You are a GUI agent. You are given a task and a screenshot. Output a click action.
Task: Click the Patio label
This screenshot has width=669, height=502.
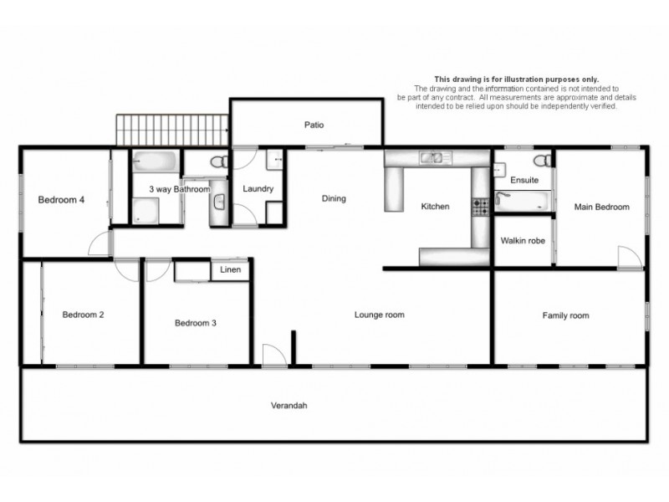click(314, 125)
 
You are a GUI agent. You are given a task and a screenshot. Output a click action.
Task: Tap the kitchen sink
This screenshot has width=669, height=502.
click(435, 156)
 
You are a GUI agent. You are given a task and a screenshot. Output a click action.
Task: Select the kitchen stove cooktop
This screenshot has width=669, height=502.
click(481, 207)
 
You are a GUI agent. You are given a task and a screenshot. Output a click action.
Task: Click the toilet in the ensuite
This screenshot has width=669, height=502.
click(542, 159)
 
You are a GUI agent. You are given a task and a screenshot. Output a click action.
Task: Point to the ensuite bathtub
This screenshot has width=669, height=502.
click(522, 200)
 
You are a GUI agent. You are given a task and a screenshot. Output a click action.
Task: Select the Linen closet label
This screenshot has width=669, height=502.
click(230, 270)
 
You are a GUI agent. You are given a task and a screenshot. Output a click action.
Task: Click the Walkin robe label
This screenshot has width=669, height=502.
click(523, 241)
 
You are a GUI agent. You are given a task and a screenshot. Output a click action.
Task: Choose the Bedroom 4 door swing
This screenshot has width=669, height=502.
click(100, 243)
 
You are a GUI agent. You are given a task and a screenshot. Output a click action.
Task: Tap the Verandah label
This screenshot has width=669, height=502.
click(289, 406)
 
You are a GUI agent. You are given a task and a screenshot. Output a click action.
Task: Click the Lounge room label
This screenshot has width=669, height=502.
click(379, 315)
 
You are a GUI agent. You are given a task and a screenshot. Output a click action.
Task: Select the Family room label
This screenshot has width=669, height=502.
click(565, 315)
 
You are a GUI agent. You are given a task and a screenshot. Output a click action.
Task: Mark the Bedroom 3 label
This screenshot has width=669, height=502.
click(196, 323)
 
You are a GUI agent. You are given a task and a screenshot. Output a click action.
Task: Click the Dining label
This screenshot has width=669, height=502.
click(334, 199)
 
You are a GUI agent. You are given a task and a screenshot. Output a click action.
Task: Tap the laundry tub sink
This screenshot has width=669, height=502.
click(275, 159)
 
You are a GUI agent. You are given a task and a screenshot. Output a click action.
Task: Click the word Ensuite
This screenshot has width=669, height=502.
click(524, 181)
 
